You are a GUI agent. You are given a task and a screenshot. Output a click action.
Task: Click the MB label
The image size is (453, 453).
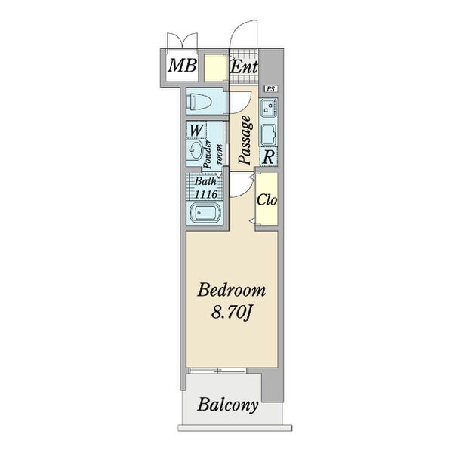click(182, 66)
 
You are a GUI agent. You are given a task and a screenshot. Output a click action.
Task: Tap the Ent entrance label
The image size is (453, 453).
click(244, 67)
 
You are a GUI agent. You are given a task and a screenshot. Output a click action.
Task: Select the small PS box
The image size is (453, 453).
click(271, 89)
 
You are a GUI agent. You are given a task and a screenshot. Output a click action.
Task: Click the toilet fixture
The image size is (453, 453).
click(199, 101)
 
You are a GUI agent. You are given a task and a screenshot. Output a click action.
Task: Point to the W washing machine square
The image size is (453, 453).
click(196, 130)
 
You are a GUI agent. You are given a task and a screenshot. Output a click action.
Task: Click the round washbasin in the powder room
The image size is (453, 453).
click(196, 150)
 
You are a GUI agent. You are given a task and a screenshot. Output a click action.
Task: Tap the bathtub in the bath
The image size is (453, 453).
click(205, 213)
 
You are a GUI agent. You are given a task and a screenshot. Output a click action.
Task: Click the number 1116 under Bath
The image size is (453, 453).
click(206, 194)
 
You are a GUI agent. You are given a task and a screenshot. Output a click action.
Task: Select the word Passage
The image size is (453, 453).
click(245, 140)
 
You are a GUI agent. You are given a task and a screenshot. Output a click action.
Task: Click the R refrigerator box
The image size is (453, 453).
click(269, 157)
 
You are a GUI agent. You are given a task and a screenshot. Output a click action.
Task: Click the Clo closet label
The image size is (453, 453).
click(267, 200)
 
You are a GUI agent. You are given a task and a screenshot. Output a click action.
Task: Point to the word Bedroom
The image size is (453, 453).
click(232, 291)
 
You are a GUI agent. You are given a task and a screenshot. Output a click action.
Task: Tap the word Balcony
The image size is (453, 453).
click(228, 405)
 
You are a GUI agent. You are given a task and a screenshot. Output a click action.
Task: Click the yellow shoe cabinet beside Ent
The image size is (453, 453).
click(215, 68)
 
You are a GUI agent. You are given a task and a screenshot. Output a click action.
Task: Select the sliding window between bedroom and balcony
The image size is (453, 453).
click(217, 370)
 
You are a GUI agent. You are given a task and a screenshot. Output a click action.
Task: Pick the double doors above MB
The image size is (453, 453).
click(182, 42)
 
